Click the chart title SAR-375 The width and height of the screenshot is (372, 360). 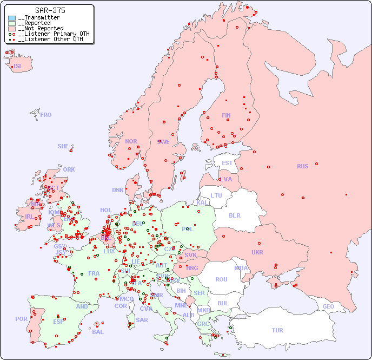pos(50,10)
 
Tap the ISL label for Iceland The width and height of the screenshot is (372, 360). pos(18,67)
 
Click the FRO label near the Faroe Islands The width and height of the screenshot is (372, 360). pos(46,115)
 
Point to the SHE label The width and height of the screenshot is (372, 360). pos(63,146)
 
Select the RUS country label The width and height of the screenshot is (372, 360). pos(302,166)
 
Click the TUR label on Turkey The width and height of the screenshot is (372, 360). pos(277,330)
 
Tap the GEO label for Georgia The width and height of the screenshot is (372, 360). pos(328,306)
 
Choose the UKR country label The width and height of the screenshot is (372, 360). pos(257,252)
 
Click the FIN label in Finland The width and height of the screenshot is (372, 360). pos(226,115)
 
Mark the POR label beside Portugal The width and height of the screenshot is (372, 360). pos(21,319)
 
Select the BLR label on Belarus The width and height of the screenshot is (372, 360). pos(234,215)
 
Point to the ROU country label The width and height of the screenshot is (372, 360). pos(221,279)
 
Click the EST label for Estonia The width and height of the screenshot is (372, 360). pos(227,163)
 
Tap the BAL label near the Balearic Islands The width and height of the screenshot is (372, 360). pos(98,332)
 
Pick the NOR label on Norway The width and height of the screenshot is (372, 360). pos(131,141)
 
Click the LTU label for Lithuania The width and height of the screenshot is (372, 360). pos(216,195)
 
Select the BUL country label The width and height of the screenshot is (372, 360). pos(223,303)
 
